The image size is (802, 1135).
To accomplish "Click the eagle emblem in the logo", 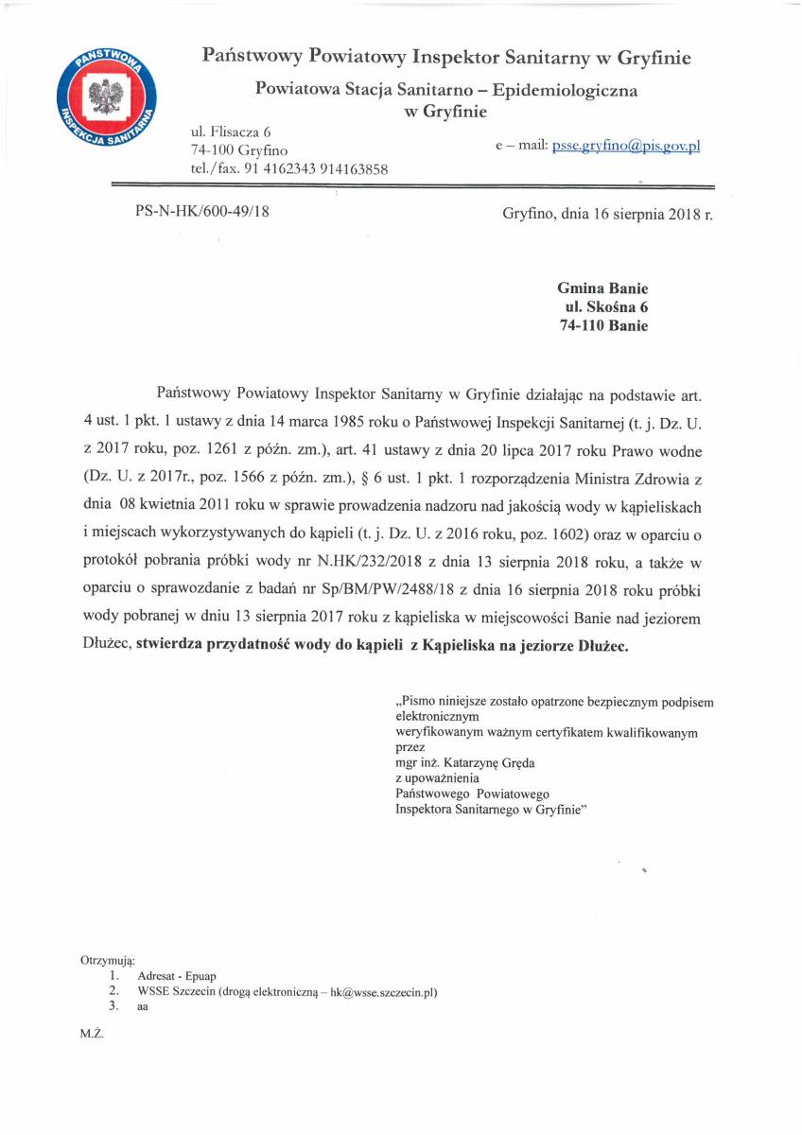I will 106,96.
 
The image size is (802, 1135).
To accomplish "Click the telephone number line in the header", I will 289,168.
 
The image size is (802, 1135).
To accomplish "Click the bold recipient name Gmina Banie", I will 602,288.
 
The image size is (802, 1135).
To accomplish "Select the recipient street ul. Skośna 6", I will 606,307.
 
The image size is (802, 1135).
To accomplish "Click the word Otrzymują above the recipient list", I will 108,960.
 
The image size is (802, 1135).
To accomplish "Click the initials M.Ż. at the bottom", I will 92,1034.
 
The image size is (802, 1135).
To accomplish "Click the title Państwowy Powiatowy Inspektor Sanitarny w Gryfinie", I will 446,58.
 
